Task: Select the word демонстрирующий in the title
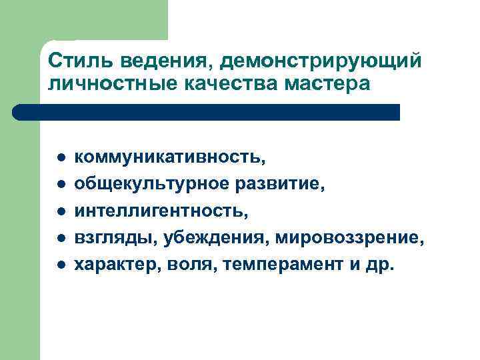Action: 321,61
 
